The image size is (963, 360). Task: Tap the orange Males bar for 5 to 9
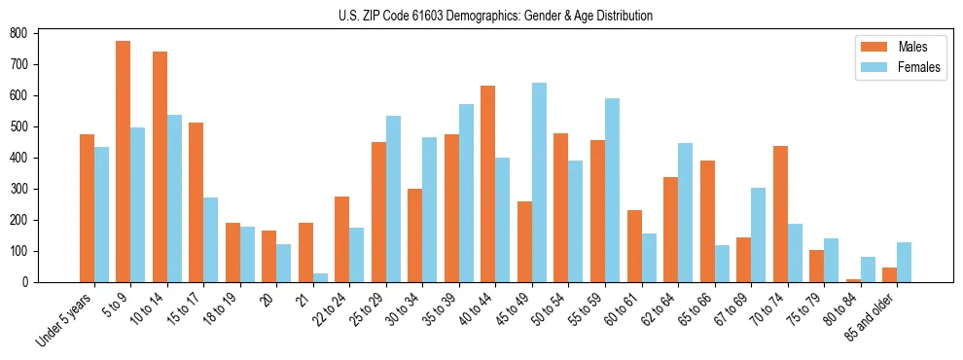[124, 162]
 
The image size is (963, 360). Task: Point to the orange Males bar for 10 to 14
[160, 166]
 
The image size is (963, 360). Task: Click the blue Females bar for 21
[320, 277]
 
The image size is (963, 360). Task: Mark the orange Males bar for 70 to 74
[780, 214]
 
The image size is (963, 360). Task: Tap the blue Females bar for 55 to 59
[612, 190]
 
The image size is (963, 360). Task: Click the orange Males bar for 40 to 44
[488, 184]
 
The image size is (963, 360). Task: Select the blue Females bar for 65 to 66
[722, 264]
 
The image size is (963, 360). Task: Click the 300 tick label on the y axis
[18, 189]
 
